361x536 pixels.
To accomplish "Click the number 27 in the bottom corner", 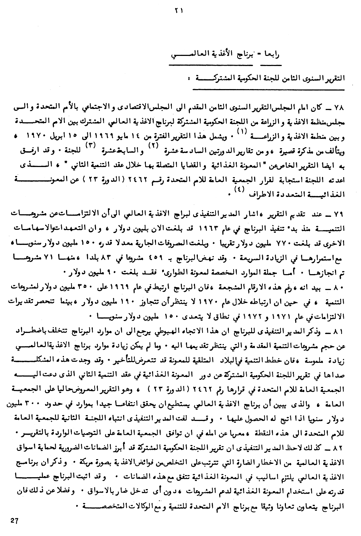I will click(x=14, y=520).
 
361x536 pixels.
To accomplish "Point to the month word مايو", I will click(x=144, y=137).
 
